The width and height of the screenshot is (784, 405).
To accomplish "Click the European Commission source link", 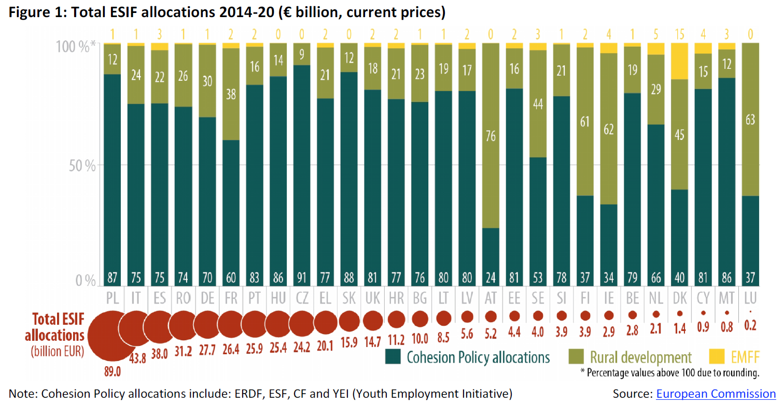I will (716, 394).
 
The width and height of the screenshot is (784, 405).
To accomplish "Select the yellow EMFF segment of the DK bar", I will (679, 61).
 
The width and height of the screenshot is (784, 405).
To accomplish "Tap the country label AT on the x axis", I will (491, 299).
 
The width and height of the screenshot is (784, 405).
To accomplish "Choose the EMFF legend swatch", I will (716, 357).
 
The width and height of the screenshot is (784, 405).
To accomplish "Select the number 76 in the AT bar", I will (491, 136).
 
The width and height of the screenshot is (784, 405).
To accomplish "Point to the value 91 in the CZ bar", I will (303, 279).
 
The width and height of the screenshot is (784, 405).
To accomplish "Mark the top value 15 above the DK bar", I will (679, 35).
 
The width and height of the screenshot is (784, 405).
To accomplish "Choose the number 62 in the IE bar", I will (608, 129).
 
